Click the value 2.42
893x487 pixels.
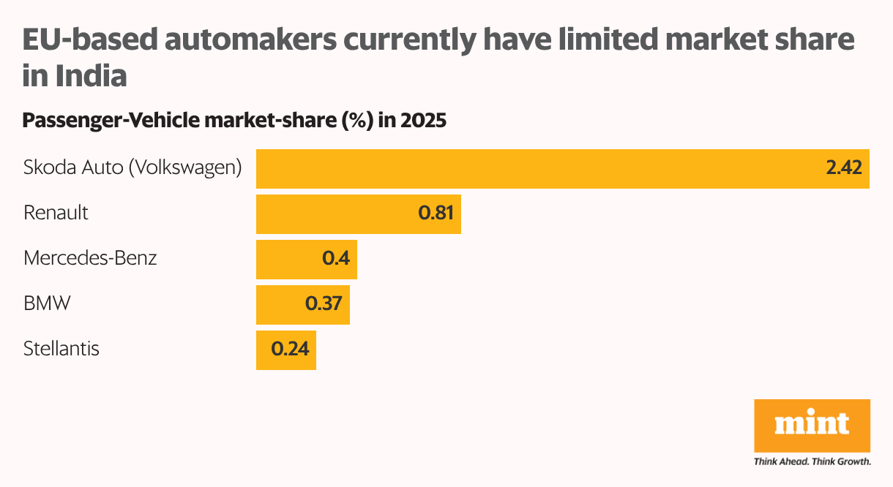844,169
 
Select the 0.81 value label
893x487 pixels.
436,214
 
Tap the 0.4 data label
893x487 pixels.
336,260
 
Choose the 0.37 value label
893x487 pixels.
324,305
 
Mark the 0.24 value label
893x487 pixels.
291,350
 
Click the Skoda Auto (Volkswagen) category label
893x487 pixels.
132,168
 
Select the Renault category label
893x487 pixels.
56,213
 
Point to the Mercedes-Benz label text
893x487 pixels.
90,258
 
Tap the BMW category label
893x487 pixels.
47,303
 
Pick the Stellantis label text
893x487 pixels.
61,349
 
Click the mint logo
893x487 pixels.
812,425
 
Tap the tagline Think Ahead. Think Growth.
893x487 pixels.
812,462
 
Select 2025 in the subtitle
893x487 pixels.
423,121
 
